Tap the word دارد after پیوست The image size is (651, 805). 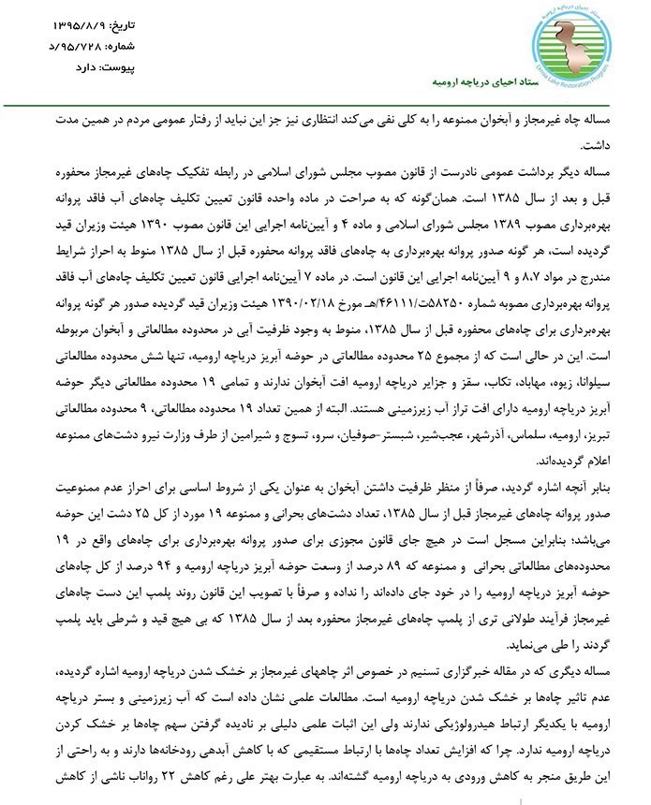click(x=70, y=66)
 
